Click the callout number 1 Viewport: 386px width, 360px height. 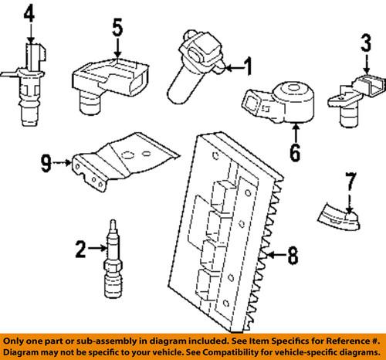[248, 68]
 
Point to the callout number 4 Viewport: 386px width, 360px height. [29, 15]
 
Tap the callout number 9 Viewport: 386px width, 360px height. [45, 162]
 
